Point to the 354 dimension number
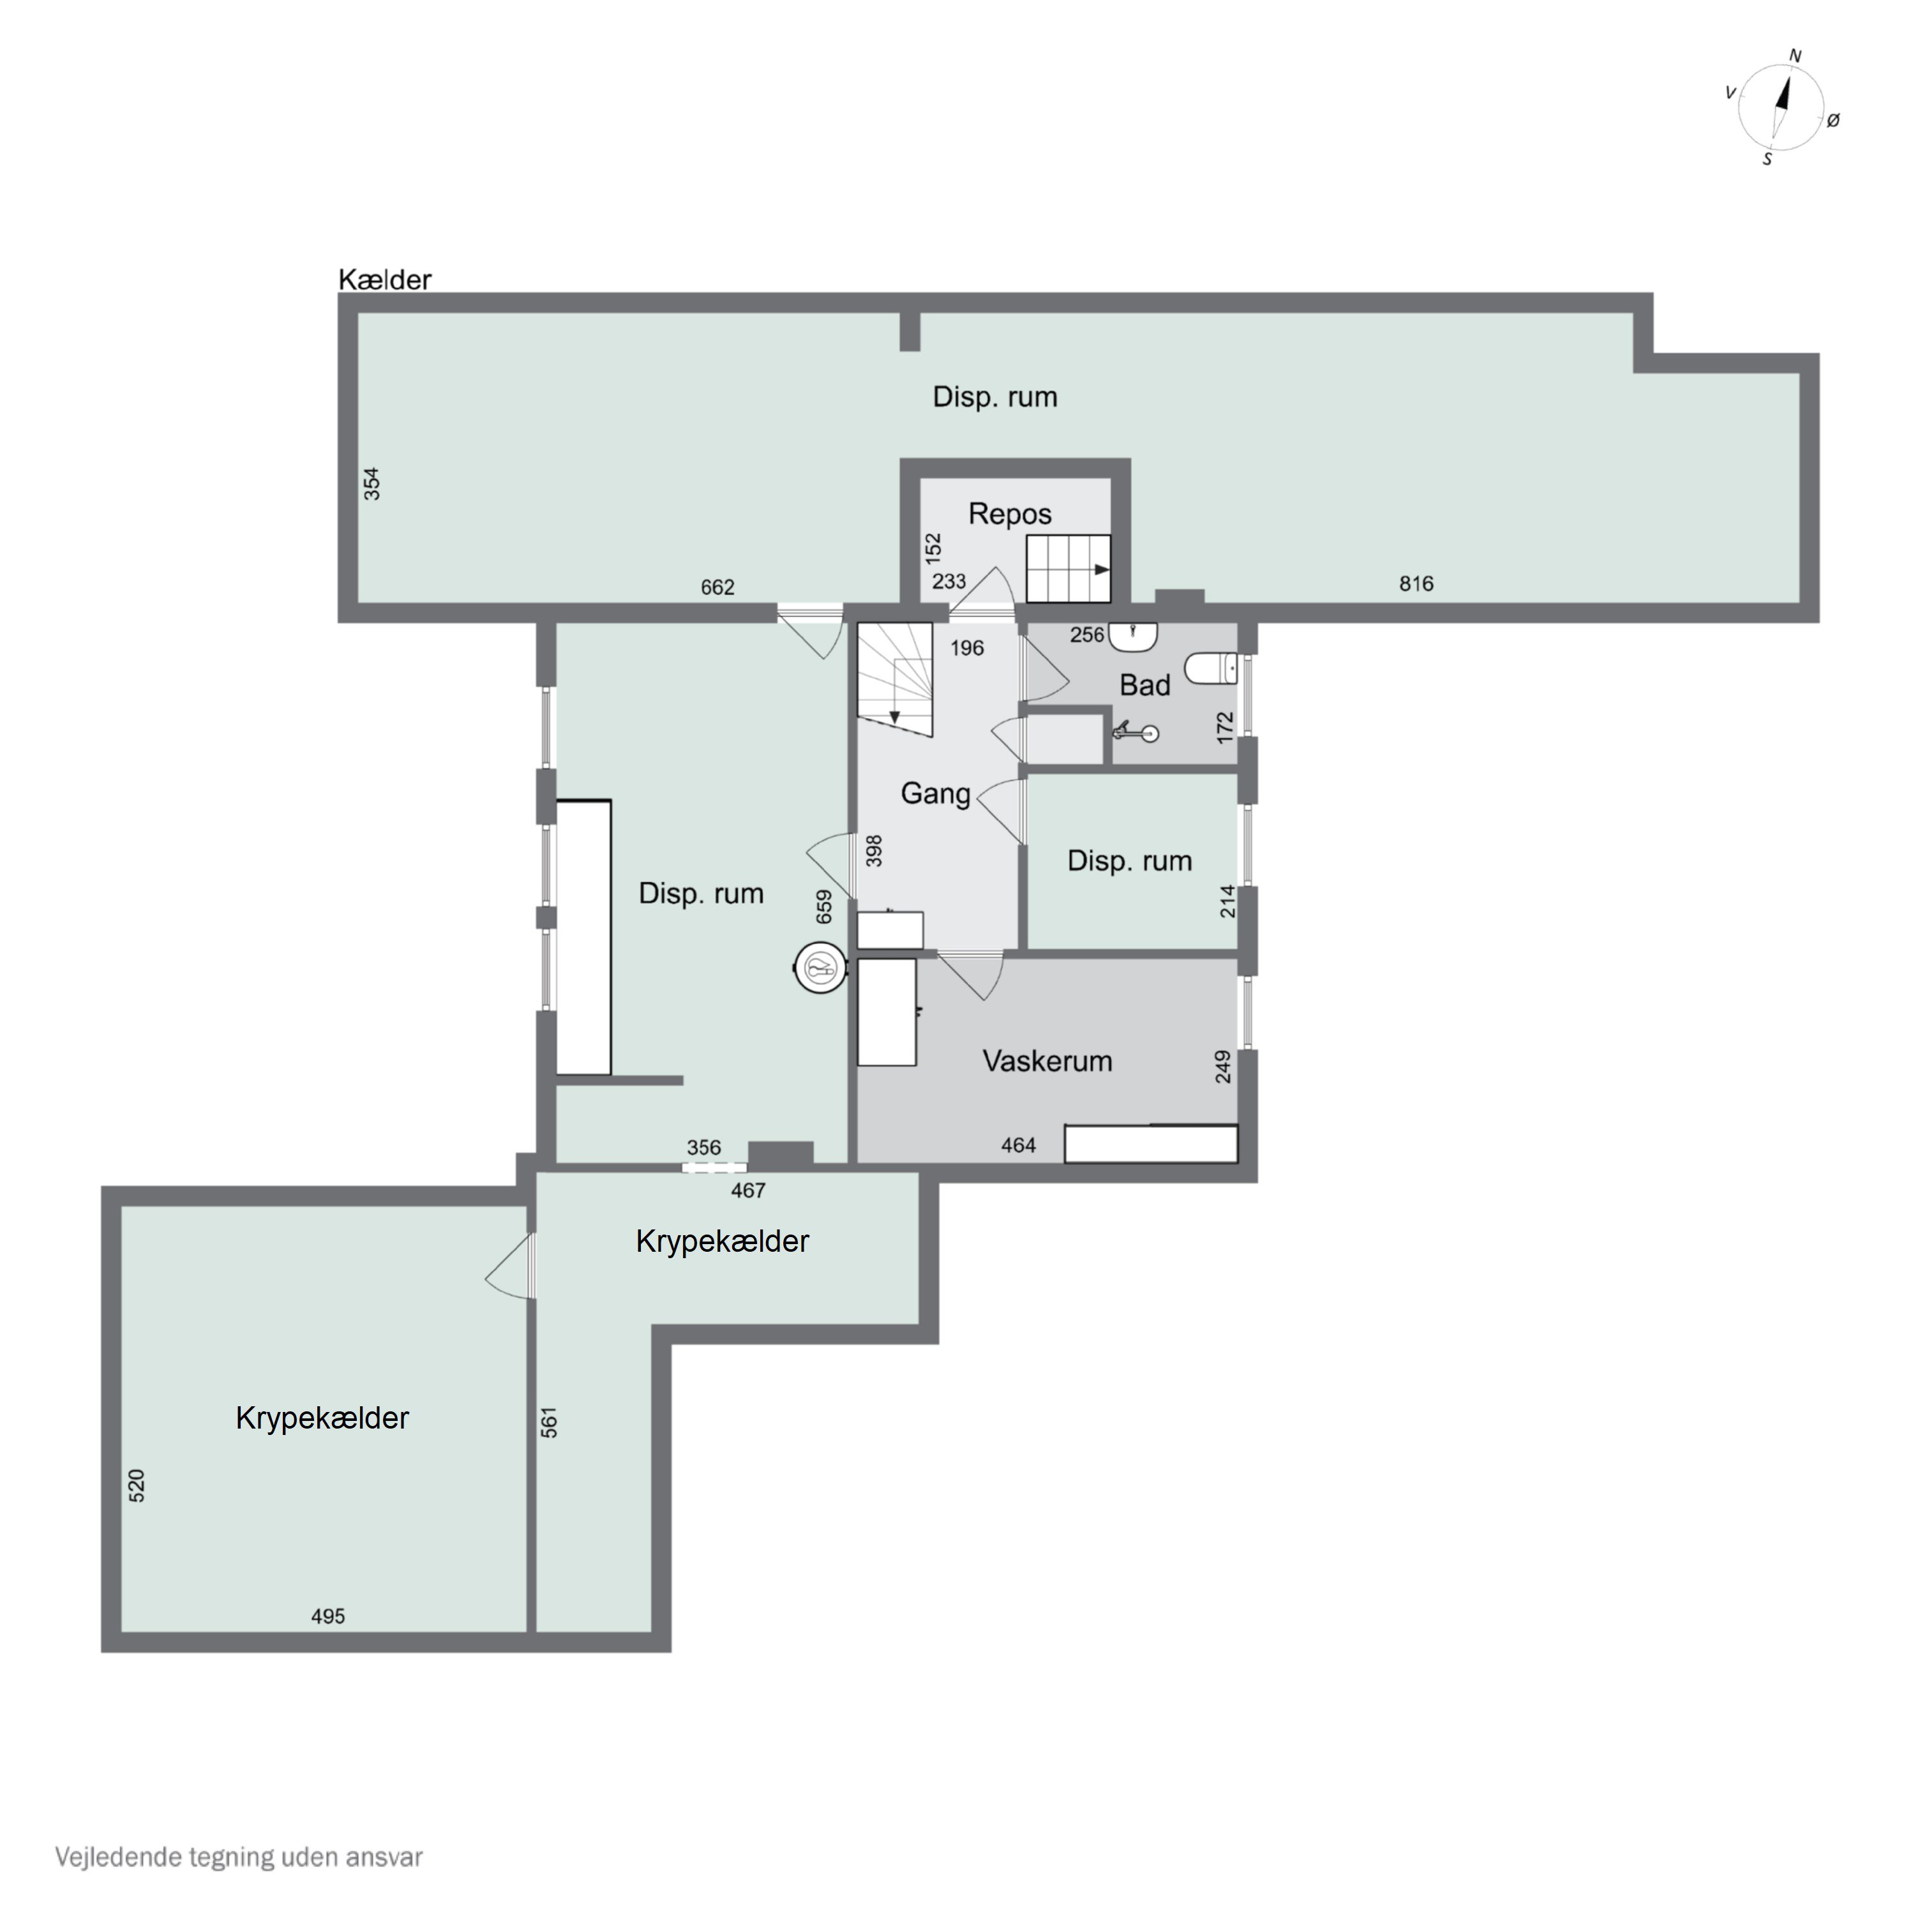click(x=372, y=484)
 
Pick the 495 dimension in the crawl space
click(x=328, y=1617)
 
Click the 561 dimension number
click(x=549, y=1422)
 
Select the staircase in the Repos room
click(x=1067, y=569)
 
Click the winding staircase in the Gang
click(x=894, y=680)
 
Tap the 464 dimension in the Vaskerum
click(x=1018, y=1146)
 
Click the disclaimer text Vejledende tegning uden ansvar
click(x=239, y=1856)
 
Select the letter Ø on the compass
click(x=1833, y=120)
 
